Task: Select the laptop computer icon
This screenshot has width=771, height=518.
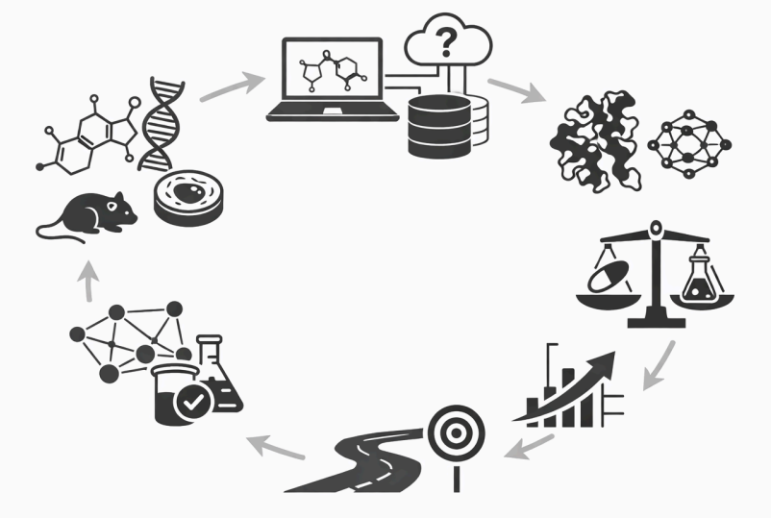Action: coord(333,82)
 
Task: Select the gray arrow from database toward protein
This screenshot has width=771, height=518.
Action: coord(515,91)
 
